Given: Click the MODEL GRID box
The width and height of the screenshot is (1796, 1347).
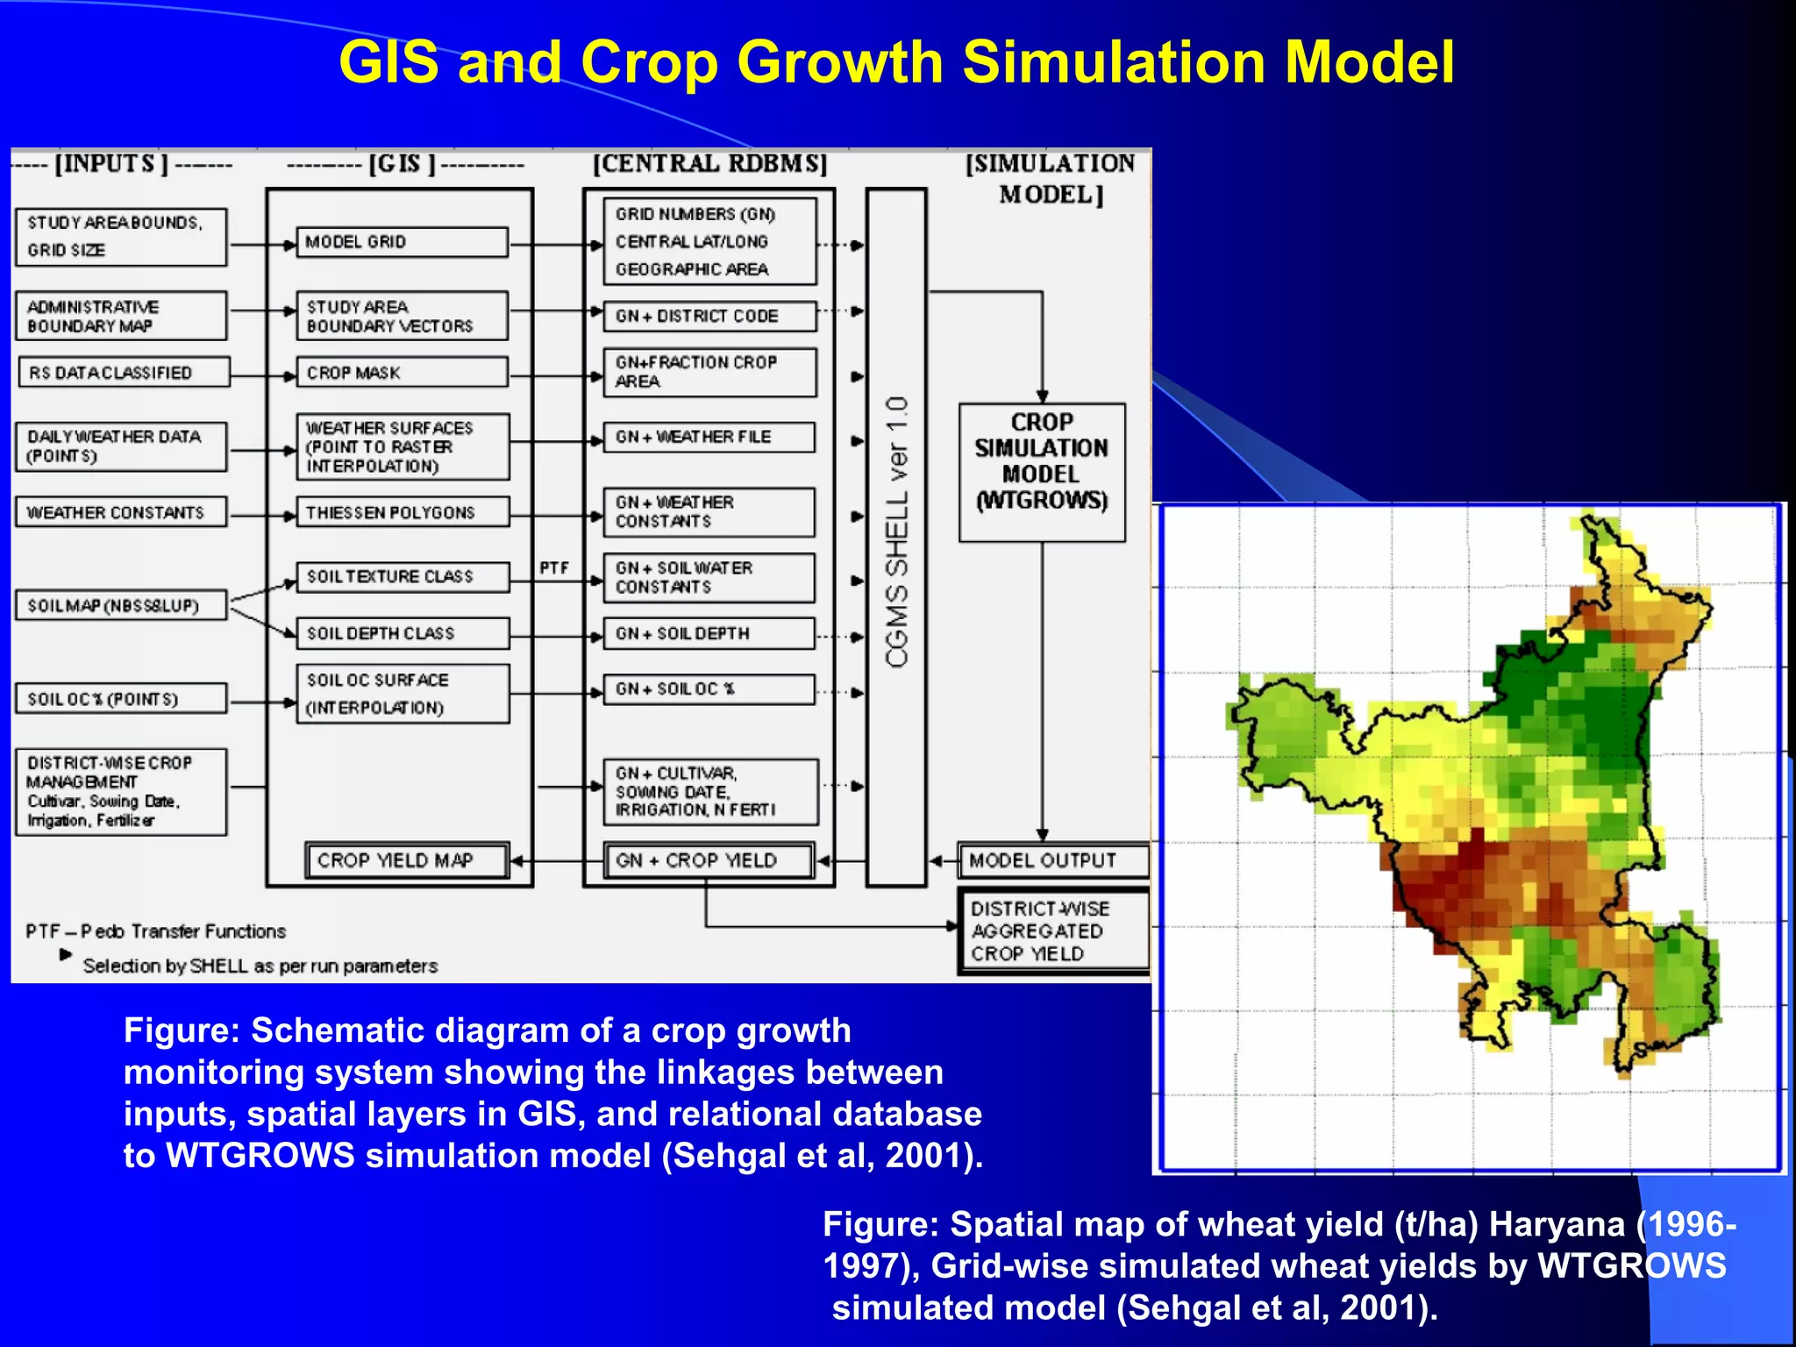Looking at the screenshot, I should click(402, 242).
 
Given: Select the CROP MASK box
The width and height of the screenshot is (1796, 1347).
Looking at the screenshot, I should click(402, 373).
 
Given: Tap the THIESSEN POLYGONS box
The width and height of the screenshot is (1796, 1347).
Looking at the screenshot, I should click(402, 512).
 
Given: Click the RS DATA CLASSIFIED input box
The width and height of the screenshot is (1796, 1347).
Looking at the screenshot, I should click(123, 373).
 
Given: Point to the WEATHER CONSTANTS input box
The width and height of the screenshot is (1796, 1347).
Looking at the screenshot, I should click(120, 512).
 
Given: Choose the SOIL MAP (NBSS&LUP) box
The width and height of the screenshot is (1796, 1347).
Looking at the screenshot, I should click(120, 606).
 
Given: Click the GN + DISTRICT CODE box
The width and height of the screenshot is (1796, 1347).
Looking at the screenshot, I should click(709, 316).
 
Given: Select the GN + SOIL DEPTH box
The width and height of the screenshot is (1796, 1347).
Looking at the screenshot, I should click(709, 633).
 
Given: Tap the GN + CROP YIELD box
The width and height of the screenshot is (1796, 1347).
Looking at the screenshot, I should click(709, 860).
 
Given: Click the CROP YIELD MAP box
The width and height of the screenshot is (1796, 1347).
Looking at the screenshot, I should click(407, 860).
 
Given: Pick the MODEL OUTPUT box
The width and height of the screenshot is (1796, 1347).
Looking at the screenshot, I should click(1051, 860).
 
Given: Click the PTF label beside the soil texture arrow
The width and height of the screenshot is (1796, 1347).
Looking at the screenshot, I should click(554, 568).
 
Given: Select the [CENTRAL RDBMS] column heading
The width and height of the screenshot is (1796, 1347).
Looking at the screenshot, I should click(709, 164).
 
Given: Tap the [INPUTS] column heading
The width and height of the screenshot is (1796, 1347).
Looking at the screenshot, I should click(111, 164).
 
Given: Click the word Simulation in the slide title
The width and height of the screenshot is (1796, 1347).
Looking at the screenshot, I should click(1111, 63).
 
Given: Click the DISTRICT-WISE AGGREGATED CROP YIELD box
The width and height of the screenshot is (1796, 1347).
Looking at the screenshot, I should click(1051, 931).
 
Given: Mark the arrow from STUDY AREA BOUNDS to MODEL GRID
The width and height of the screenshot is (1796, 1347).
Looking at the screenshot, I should click(261, 246).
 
